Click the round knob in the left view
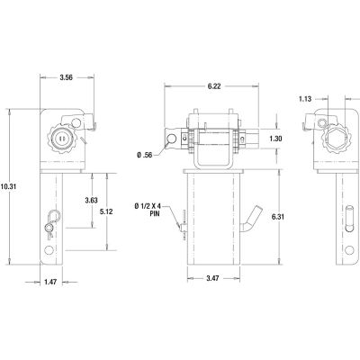(60, 139)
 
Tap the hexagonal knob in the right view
(327, 139)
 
